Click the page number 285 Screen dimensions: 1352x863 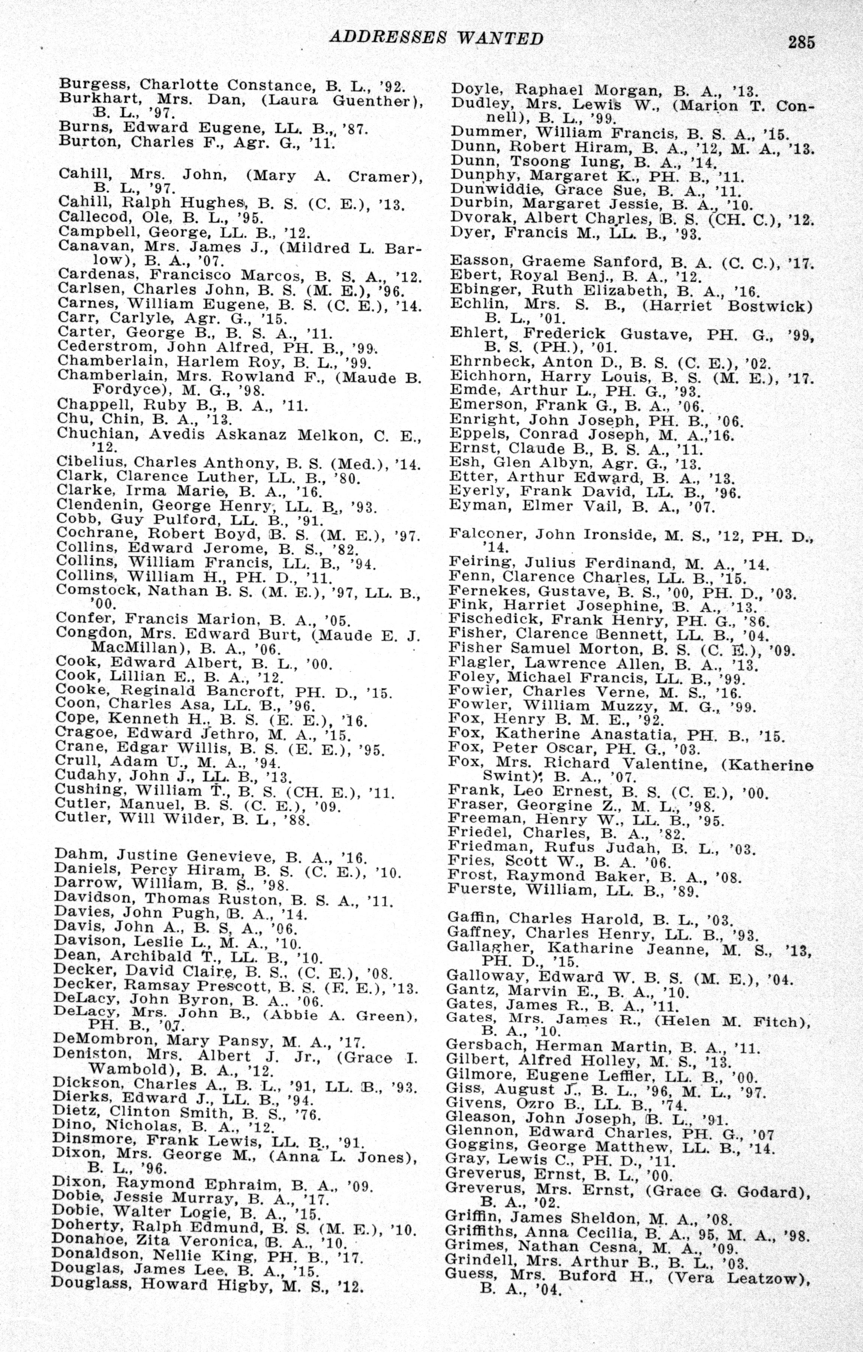(801, 42)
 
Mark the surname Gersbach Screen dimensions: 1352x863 (486, 1046)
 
